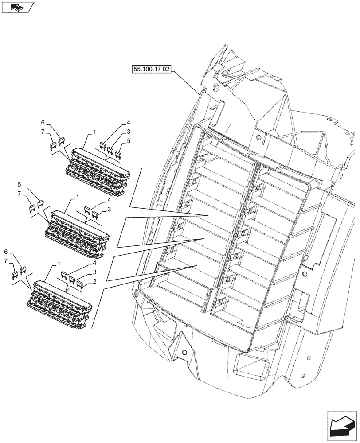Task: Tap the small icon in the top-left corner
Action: pos(17,7)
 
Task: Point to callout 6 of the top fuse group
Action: pos(43,122)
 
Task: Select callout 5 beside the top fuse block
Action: pos(129,141)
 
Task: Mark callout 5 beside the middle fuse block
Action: pos(20,184)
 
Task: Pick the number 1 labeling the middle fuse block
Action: pos(77,196)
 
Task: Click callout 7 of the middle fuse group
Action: pos(20,194)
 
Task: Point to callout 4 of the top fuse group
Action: pos(128,122)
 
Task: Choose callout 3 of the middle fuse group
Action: pos(109,209)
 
